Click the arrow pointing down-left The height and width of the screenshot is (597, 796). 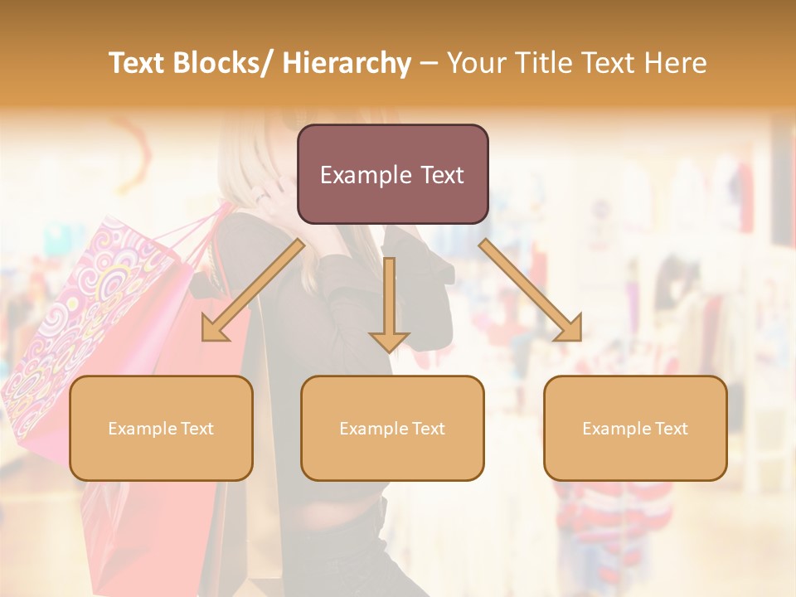[250, 292]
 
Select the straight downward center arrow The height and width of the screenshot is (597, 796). [389, 303]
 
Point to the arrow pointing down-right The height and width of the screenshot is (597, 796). [531, 290]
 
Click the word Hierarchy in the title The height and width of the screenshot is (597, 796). [346, 63]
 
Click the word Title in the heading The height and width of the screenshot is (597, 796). [546, 63]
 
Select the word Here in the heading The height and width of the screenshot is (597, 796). [673, 63]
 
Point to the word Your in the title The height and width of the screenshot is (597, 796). [478, 63]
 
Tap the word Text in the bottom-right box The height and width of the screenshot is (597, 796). [670, 429]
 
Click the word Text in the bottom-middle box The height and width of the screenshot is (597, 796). [427, 429]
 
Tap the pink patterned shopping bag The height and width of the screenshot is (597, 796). [83, 315]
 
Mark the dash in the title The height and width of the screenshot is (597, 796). [429, 63]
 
